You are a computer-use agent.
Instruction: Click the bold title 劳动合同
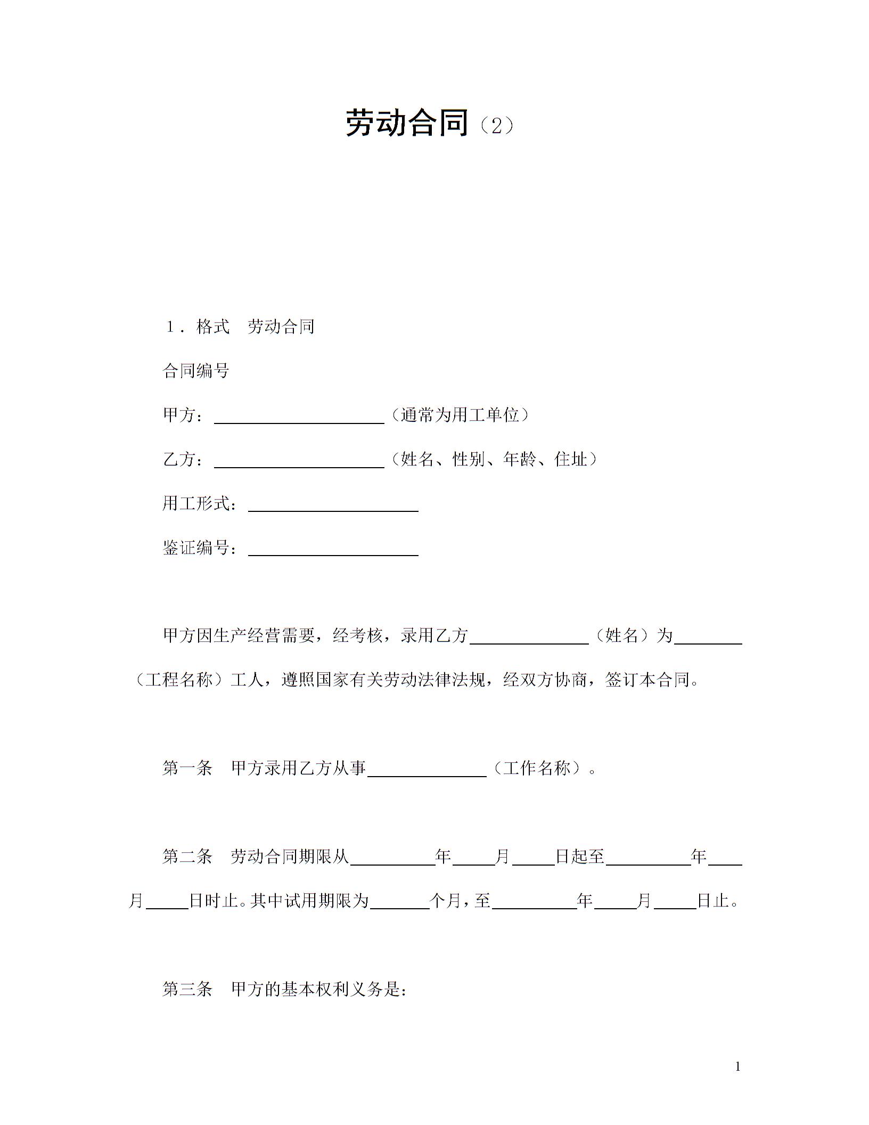click(407, 123)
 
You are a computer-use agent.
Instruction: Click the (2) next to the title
click(496, 126)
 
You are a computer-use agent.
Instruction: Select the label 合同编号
click(196, 371)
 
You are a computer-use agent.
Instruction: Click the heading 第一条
click(187, 768)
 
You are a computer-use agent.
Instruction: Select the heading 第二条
click(187, 857)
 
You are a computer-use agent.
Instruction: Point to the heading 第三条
click(187, 989)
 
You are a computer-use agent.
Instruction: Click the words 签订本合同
click(647, 680)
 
